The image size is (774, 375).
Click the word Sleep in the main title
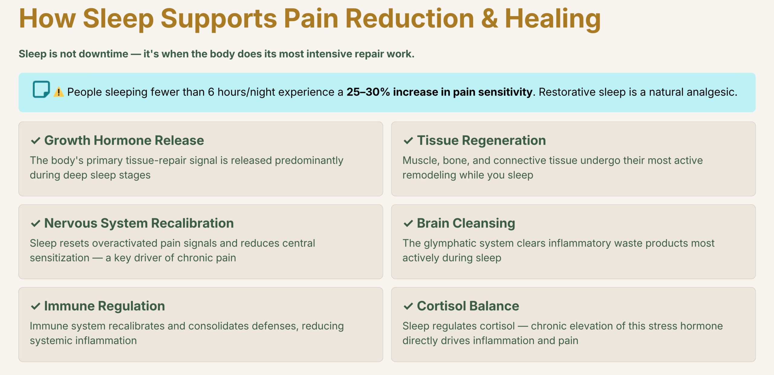coord(118,19)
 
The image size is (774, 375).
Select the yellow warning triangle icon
coord(59,92)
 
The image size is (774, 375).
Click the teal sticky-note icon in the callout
coord(41,89)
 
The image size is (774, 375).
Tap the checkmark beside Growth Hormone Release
coord(36,141)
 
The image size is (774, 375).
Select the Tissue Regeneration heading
coord(481,140)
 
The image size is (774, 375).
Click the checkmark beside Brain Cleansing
coord(408,224)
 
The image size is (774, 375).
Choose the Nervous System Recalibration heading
coord(139,223)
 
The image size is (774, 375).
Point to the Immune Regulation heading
coord(105,306)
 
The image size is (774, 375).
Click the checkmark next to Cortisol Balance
coord(408,306)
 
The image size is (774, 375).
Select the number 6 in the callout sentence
coord(211,92)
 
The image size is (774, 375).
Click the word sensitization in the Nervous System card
coord(60,258)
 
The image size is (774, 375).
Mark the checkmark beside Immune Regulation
coord(36,306)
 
